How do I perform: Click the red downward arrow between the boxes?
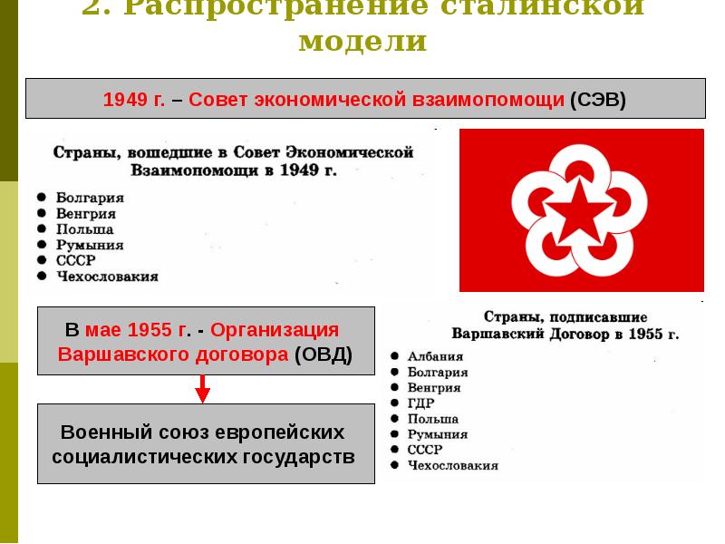203,390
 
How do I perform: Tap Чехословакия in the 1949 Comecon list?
107,277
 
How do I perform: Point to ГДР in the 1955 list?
422,403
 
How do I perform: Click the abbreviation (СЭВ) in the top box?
598,99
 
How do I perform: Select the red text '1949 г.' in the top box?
133,99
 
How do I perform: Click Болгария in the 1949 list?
90,197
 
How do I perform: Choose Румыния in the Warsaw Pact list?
438,434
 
